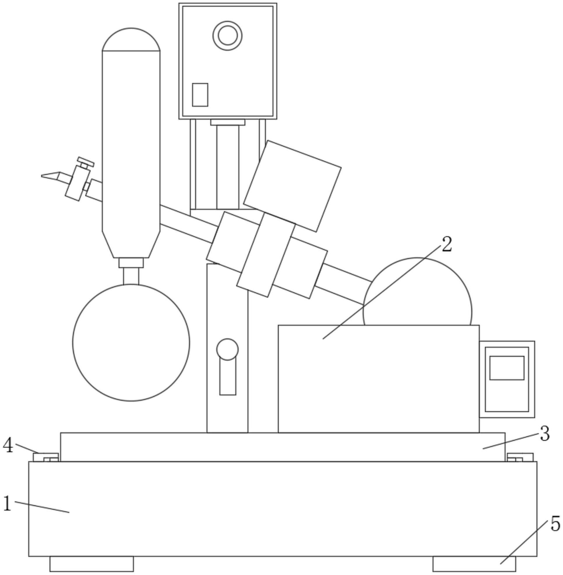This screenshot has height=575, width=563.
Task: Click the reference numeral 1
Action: (7, 503)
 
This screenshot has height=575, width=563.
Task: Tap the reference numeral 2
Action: (446, 244)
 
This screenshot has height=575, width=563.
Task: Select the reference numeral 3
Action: (544, 434)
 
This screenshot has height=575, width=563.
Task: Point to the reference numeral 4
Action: (8, 446)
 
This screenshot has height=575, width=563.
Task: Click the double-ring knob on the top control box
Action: (227, 36)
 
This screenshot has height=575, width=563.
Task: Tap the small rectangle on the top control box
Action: (200, 95)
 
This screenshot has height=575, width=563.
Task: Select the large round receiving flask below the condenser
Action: (131, 342)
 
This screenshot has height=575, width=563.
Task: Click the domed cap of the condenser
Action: (131, 39)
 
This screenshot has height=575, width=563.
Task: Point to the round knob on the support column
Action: (227, 349)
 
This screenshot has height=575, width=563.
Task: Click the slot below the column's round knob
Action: (228, 377)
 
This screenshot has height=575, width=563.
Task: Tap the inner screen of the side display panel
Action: (507, 368)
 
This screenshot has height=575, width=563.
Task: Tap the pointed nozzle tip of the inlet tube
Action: (42, 176)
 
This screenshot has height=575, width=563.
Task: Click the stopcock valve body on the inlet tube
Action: (77, 183)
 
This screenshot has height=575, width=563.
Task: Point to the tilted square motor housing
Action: (292, 186)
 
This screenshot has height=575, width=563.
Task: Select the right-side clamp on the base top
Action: (520, 457)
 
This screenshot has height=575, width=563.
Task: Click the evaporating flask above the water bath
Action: (417, 291)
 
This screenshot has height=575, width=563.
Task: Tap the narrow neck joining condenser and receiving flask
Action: (131, 276)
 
